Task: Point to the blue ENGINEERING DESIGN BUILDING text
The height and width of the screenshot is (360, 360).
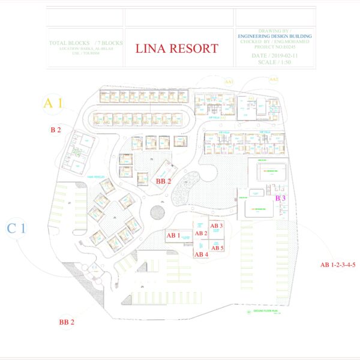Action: (x=275, y=36)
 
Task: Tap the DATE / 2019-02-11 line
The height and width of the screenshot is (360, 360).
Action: (x=275, y=55)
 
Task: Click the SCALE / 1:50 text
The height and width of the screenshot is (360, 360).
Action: (x=275, y=62)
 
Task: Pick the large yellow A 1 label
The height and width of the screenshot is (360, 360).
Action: (x=53, y=103)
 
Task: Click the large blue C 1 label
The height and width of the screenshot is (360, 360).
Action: (x=16, y=228)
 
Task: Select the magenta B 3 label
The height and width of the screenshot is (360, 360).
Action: (x=280, y=197)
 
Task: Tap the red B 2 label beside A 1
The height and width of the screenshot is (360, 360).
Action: (x=56, y=130)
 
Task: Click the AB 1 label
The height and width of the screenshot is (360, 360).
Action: (x=174, y=235)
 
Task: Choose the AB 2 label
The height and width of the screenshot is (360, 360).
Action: (x=201, y=233)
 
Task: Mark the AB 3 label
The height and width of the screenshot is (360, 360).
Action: (x=217, y=226)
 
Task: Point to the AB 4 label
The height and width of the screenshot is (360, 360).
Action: (x=201, y=254)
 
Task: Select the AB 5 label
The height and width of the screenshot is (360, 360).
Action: (x=217, y=247)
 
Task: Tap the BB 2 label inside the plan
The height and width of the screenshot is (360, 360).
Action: (x=163, y=181)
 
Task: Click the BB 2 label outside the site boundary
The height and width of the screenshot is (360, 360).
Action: (x=67, y=322)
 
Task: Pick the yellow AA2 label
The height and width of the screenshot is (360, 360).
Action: (x=274, y=79)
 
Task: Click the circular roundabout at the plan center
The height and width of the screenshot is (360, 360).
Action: (x=158, y=211)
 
